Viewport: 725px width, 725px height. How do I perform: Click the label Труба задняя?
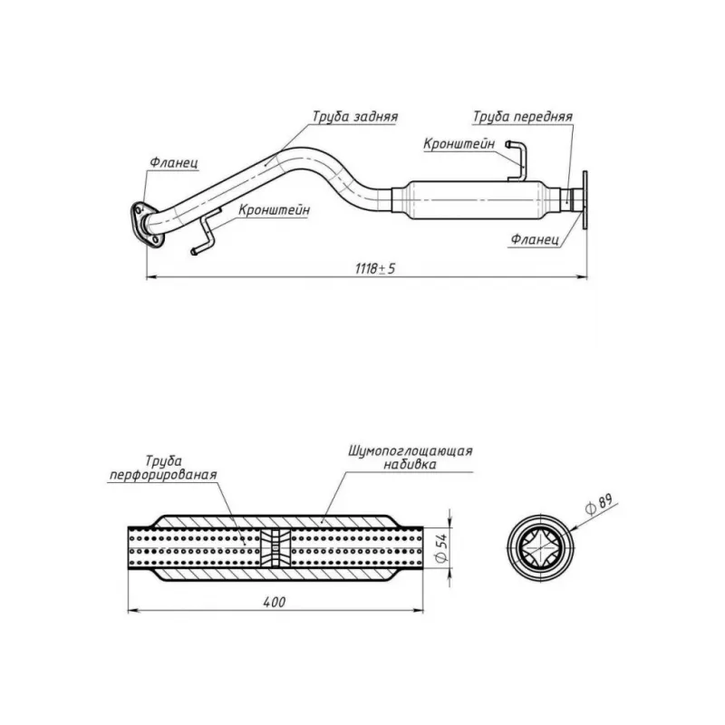click(355, 117)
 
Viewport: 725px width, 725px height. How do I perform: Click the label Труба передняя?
click(523, 117)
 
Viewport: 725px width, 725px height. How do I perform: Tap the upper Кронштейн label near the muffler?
click(459, 144)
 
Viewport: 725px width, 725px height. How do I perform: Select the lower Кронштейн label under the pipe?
click(275, 210)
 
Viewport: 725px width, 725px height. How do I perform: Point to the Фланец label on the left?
click(174, 162)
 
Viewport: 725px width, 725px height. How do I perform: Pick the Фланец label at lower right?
click(535, 239)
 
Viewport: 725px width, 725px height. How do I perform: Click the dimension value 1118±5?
click(375, 268)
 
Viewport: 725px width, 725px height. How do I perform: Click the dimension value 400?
click(275, 602)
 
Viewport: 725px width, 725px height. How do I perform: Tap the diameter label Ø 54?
click(441, 547)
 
